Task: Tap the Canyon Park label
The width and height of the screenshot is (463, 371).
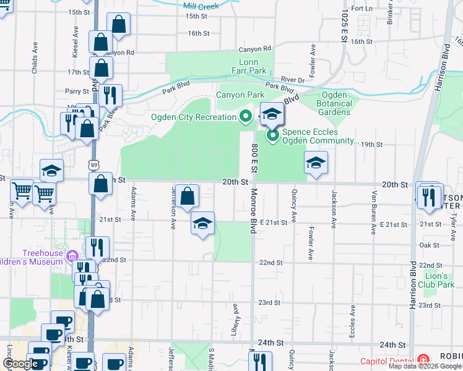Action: click(x=240, y=95)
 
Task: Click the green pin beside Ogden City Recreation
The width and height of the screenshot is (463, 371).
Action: click(x=246, y=116)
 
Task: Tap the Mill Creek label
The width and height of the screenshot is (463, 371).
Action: click(x=201, y=6)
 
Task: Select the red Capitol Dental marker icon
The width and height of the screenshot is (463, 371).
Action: click(x=423, y=360)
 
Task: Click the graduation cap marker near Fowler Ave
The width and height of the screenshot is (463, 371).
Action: click(x=316, y=163)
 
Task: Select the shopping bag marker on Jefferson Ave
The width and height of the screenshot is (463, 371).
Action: click(x=187, y=197)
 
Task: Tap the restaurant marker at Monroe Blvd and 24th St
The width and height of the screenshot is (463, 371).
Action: click(x=260, y=362)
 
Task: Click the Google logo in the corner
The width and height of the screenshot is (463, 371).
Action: click(x=21, y=364)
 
